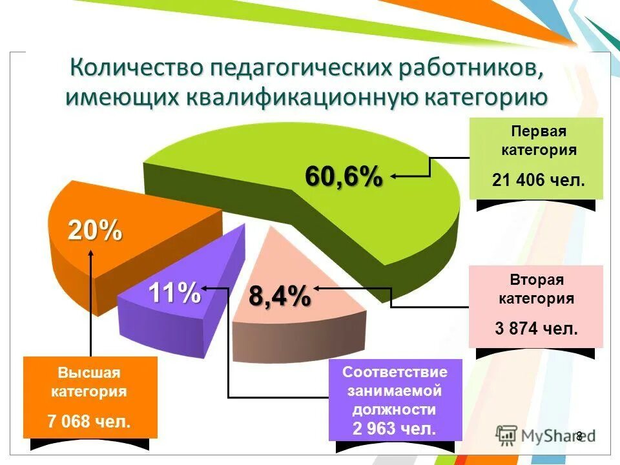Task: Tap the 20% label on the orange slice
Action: [96, 231]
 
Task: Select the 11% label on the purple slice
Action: [174, 294]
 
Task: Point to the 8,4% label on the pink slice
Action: [280, 298]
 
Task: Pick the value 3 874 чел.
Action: [537, 328]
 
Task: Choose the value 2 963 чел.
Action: [395, 428]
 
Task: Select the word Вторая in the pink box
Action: [537, 280]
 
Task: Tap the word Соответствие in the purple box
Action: [395, 372]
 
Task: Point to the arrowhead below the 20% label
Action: [91, 252]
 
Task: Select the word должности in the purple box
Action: [395, 409]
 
